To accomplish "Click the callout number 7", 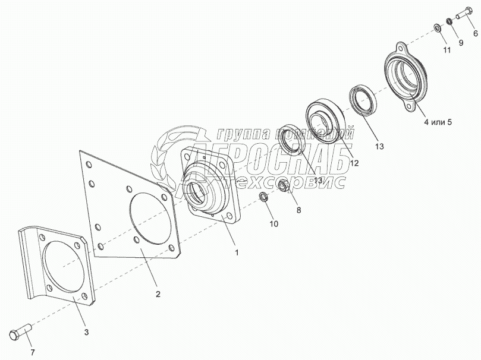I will click(x=33, y=352).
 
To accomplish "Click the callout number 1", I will click(x=237, y=252).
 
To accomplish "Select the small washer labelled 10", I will click(x=263, y=197).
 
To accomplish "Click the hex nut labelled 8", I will click(x=284, y=187).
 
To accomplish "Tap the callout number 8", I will click(x=298, y=210).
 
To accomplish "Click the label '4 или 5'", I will click(x=438, y=122).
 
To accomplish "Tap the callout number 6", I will click(x=475, y=34).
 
